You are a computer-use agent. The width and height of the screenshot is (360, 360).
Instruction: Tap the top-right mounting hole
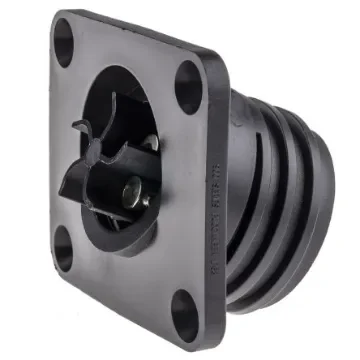point(189,87)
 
